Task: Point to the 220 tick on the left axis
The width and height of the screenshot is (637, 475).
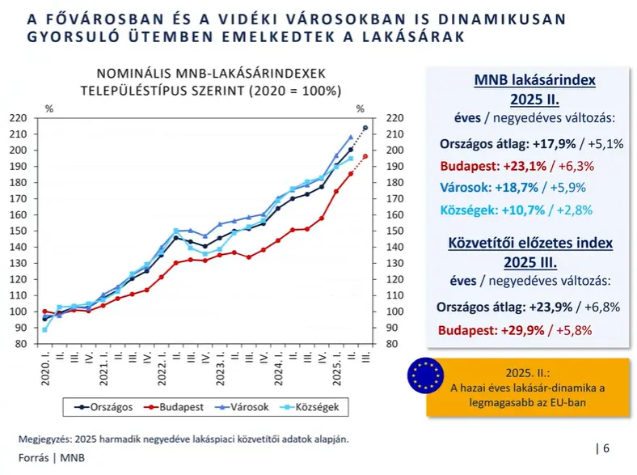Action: point(19,118)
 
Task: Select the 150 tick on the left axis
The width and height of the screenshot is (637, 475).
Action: point(19,231)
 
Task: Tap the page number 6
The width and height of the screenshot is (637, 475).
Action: point(606,447)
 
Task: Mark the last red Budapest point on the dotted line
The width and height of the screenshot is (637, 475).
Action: point(365,156)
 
